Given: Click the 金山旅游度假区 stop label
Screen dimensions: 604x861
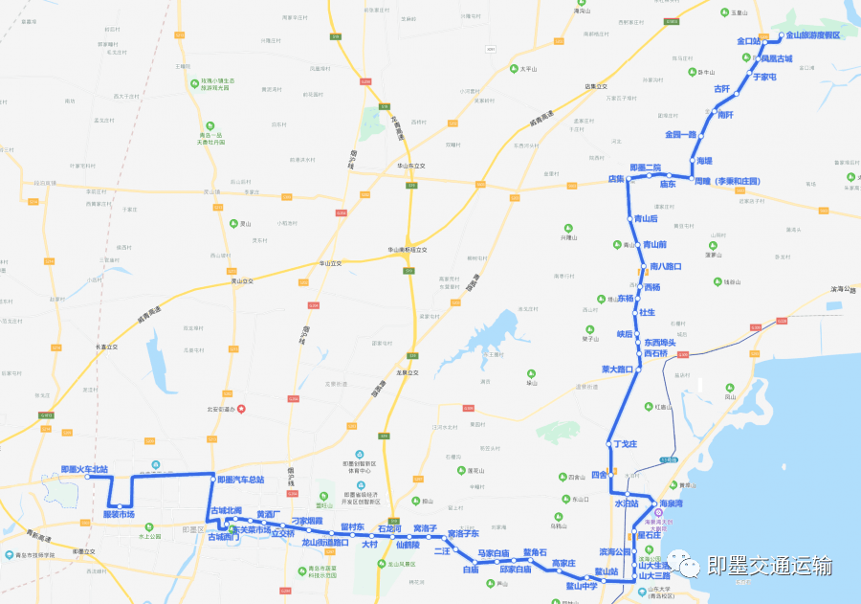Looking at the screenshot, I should pos(813,35).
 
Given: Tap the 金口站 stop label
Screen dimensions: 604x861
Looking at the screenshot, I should pos(747,41).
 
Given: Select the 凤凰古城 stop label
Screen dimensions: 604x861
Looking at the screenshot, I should pos(777,58).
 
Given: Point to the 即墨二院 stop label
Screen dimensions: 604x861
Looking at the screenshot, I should pos(646,168).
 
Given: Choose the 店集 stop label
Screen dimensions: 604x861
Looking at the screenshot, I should pos(616,179).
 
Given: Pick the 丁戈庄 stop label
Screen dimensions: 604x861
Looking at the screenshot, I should pos(625,444).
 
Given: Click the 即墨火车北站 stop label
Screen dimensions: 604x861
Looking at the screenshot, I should pos(84,469).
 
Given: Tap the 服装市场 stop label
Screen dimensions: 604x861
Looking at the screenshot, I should pos(119,515).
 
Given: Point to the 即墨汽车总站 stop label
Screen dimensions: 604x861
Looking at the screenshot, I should pos(240,480).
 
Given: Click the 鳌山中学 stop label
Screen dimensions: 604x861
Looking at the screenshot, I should pos(581,585).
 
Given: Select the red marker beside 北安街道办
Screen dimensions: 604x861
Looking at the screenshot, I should pos(241,410).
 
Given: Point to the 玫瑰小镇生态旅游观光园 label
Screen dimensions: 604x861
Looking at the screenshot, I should pos(214,84).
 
